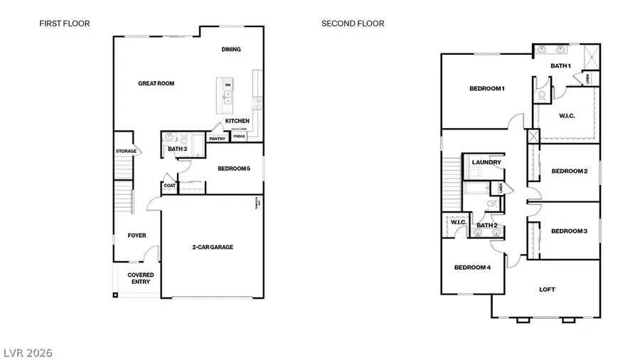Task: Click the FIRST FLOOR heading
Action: point(65,23)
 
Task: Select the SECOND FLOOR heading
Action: point(353,23)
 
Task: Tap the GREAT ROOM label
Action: point(156,83)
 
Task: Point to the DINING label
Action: point(231,49)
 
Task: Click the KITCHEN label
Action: point(237,121)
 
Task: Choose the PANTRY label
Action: point(217,139)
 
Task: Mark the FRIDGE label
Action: point(239,136)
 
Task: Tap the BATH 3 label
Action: point(177,149)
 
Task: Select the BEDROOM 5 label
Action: point(234,168)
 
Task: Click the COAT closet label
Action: point(169,186)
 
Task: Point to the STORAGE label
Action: point(126,151)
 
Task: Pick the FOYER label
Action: point(137,235)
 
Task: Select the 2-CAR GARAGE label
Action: point(213,247)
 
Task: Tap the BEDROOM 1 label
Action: point(486,88)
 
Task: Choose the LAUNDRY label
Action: point(486,162)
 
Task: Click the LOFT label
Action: point(546,289)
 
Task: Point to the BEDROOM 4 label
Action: point(473,268)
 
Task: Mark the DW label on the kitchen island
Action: point(228,85)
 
